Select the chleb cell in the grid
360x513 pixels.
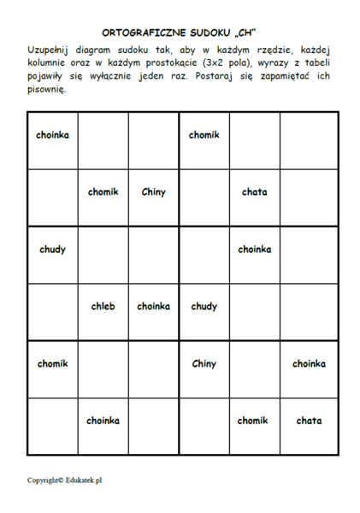103,306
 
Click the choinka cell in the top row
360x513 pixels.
52,135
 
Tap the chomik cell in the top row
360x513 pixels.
204,135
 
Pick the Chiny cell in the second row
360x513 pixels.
153,192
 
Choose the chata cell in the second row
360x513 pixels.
254,192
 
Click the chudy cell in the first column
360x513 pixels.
52,250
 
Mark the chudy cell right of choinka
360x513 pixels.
204,306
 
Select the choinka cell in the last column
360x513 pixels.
309,363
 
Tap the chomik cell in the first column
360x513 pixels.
52,363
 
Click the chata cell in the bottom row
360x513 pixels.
309,421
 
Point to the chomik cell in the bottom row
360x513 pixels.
253,421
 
